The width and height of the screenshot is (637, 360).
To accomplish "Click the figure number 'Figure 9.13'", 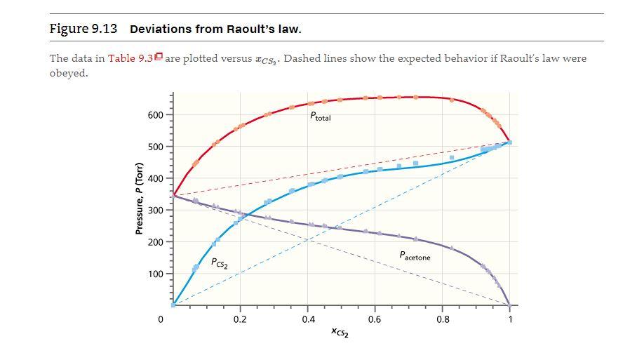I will coord(83,29).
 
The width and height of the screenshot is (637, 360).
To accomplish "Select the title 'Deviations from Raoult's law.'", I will coord(215,29).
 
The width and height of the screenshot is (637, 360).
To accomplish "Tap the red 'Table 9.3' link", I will coord(130,58).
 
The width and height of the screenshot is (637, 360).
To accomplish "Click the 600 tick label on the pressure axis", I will coord(155,115).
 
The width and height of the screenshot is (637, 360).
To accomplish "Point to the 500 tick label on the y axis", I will coord(155,147).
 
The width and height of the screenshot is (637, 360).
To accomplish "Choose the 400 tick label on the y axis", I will coord(155,179).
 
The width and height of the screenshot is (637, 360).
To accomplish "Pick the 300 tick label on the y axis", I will coord(155,211).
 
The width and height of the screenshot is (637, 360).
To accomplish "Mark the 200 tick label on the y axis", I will coord(155,242).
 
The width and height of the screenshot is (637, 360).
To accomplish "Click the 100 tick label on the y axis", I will coord(155,274).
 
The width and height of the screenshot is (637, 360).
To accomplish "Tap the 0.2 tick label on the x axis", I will coord(240,320).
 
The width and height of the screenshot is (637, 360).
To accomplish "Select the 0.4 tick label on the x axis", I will coord(308,320).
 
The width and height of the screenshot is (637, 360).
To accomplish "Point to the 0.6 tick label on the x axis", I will coord(375,320).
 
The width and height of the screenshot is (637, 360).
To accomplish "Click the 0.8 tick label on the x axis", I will coord(443,320).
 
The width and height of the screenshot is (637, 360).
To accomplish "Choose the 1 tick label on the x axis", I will coord(510,320).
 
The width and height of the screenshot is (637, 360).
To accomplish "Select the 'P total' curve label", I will coord(320,116).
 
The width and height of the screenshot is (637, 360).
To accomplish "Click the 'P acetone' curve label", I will coord(415,257).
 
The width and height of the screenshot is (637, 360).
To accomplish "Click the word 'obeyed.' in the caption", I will coord(69,74).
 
